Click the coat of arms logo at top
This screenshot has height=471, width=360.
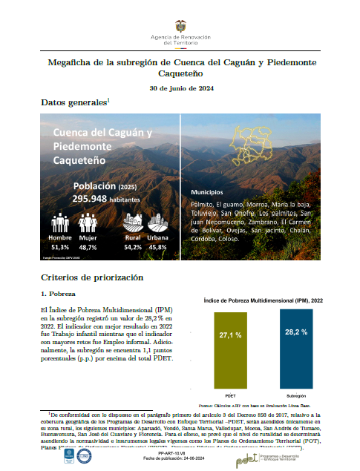pos(180,26)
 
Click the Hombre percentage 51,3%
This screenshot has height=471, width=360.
pos(60,246)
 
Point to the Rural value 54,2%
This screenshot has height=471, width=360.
pos(134,246)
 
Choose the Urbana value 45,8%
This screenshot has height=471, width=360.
pos(157,246)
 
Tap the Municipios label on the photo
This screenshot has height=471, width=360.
pos(210,191)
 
